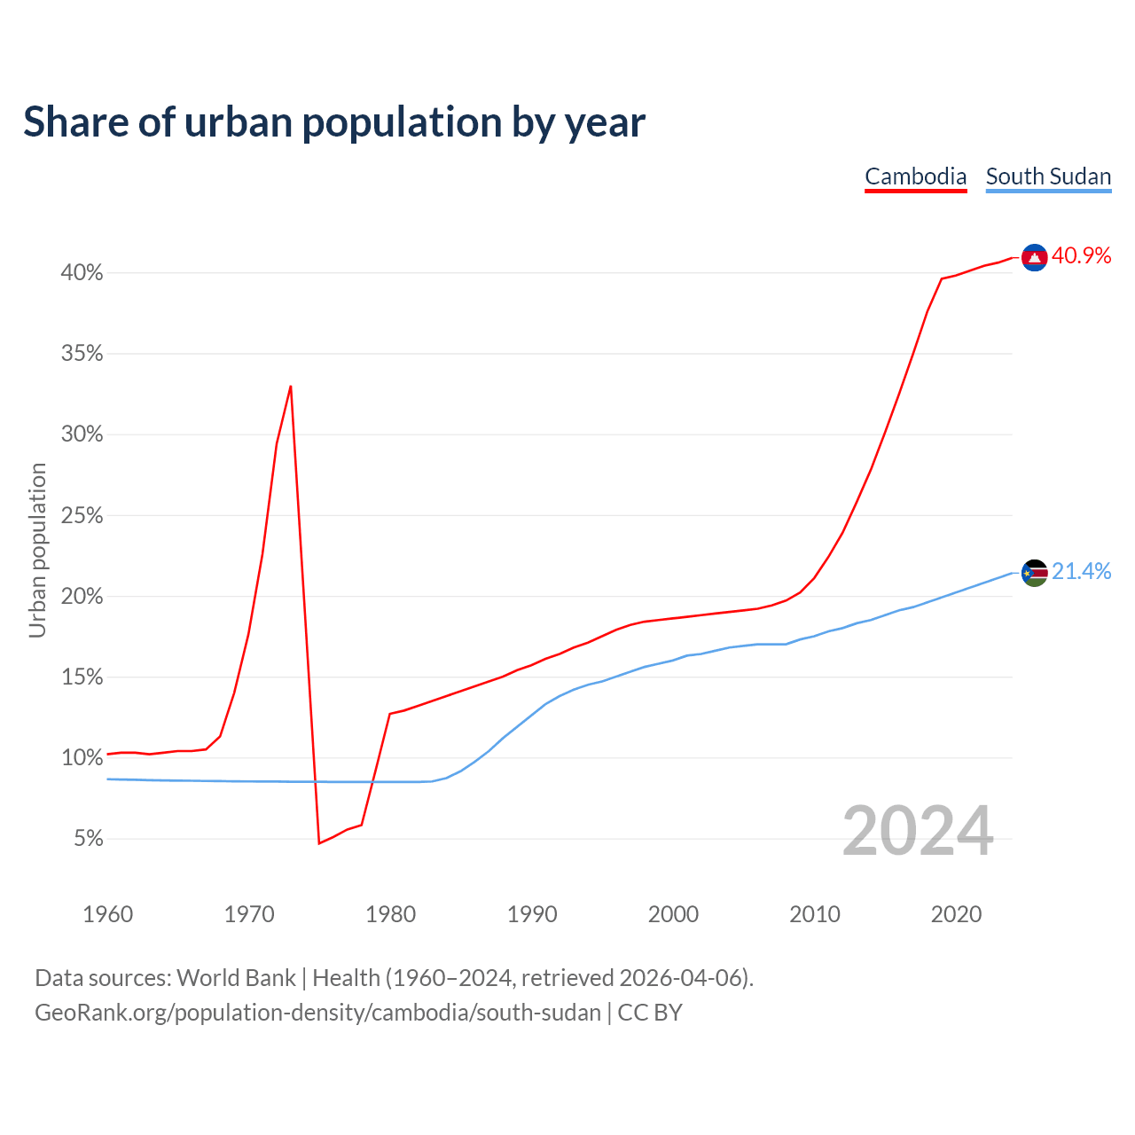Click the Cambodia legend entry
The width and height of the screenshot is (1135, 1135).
pos(915,176)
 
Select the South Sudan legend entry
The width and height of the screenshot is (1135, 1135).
pos(1048,176)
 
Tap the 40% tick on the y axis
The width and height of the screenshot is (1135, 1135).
pos(82,273)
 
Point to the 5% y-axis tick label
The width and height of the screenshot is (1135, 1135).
pos(89,839)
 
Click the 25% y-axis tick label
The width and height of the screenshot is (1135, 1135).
pos(82,515)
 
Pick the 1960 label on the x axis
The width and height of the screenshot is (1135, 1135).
pos(107,914)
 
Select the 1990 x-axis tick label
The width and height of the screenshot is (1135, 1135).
pos(532,914)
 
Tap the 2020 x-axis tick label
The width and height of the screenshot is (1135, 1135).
pos(956,914)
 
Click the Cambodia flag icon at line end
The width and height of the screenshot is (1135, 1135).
pos(1034,257)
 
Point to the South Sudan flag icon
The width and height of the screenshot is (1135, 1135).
pos(1034,573)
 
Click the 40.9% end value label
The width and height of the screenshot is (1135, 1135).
pos(1082,256)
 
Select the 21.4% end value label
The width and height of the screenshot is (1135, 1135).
pos(1082,572)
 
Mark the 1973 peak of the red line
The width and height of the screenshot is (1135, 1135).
pos(291,387)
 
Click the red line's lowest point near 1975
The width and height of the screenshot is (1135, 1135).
pos(318,842)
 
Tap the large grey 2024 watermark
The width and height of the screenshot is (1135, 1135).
pos(918,832)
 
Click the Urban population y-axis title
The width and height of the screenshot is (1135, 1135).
pos(37,550)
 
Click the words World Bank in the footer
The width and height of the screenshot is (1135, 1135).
pos(236,978)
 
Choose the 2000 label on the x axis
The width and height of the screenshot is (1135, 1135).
pos(673,914)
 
